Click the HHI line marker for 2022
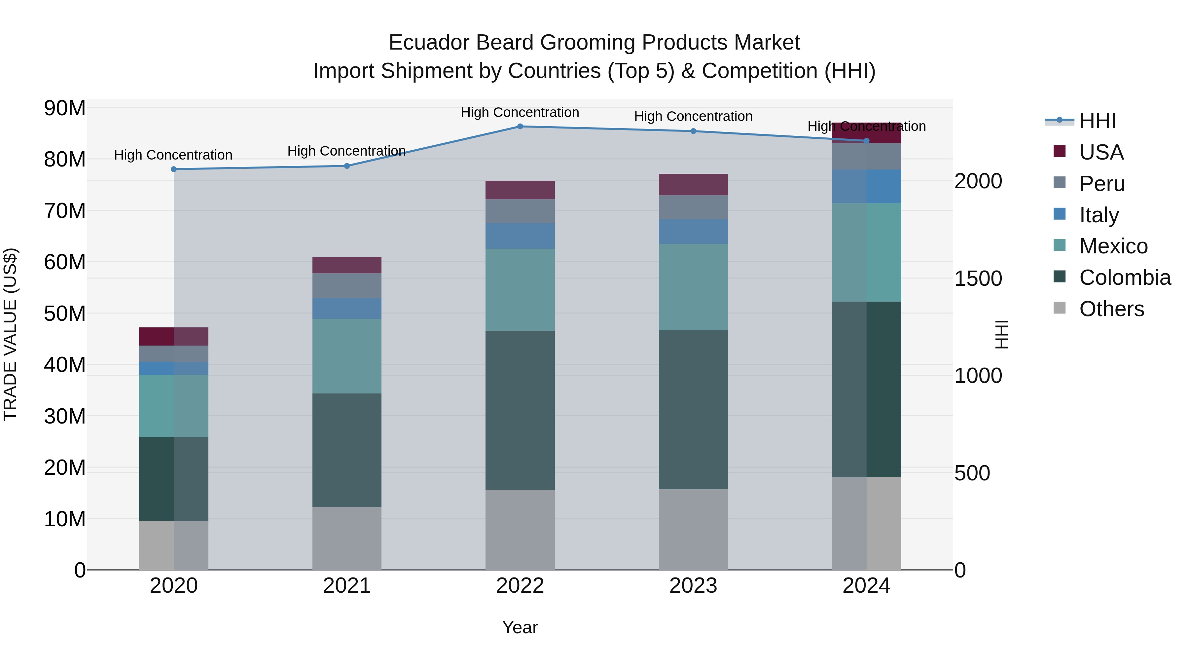click(x=520, y=127)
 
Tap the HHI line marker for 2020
click(x=173, y=169)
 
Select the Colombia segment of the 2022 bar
click(x=520, y=410)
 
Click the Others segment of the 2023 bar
click(x=693, y=529)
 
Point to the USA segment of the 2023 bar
click(x=693, y=185)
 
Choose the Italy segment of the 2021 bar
click(x=347, y=309)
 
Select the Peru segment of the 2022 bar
click(x=520, y=211)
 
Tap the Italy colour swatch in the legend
click(x=1060, y=214)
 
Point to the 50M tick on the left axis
click(x=65, y=314)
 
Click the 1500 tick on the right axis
click(x=978, y=279)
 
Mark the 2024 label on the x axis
click(x=866, y=586)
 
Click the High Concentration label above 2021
click(x=347, y=151)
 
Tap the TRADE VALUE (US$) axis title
click(x=10, y=334)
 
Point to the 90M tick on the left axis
click(x=65, y=108)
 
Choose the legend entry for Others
click(x=1111, y=309)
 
